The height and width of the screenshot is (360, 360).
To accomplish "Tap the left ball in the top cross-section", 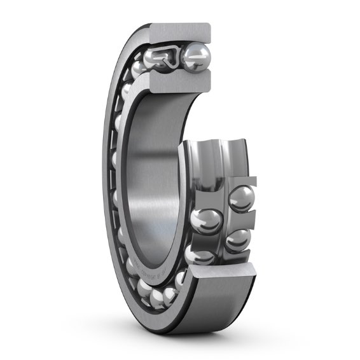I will click(156, 59).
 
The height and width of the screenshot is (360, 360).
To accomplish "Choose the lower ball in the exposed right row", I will click(236, 240).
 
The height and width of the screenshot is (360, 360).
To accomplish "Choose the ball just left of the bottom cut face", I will click(181, 279).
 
